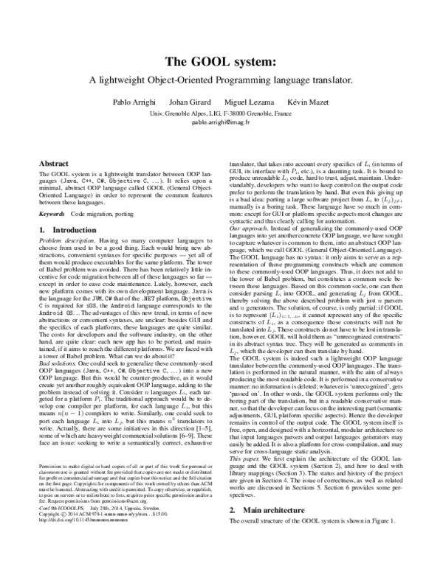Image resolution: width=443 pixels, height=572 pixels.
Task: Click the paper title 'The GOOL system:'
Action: click(x=221, y=62)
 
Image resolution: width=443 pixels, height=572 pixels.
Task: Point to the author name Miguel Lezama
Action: click(x=254, y=102)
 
